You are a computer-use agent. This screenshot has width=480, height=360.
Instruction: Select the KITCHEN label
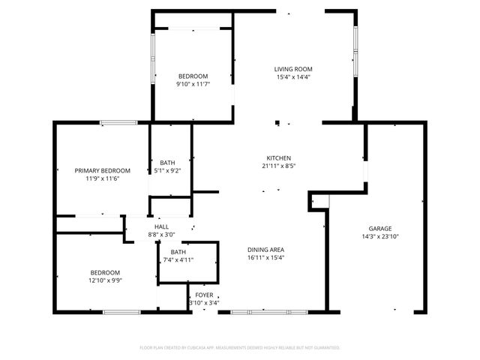[x=278, y=158]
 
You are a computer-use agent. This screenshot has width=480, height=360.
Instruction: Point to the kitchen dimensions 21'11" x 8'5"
[x=278, y=166]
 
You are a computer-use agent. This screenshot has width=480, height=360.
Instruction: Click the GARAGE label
[x=379, y=229]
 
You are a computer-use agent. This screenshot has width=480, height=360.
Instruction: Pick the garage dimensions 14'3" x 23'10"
[x=379, y=237]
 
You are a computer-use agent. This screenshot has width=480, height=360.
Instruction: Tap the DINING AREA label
[x=265, y=250]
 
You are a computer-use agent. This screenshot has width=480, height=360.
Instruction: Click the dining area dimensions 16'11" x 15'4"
[x=265, y=258]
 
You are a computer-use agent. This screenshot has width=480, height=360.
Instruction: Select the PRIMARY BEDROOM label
[x=102, y=171]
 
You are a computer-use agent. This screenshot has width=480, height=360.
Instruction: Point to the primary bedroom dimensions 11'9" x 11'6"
[x=102, y=179]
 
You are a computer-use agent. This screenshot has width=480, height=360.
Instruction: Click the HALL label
[x=161, y=227]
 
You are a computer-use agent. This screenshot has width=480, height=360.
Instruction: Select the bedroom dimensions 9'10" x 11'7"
[x=193, y=84]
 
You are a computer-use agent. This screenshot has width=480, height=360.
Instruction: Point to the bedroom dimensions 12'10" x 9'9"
[x=105, y=280]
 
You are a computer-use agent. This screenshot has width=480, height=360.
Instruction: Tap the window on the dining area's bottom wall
[x=268, y=311]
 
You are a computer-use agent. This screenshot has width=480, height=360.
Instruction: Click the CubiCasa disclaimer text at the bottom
[x=240, y=348]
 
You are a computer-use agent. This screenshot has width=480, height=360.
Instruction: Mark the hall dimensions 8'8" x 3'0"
[x=161, y=235]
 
